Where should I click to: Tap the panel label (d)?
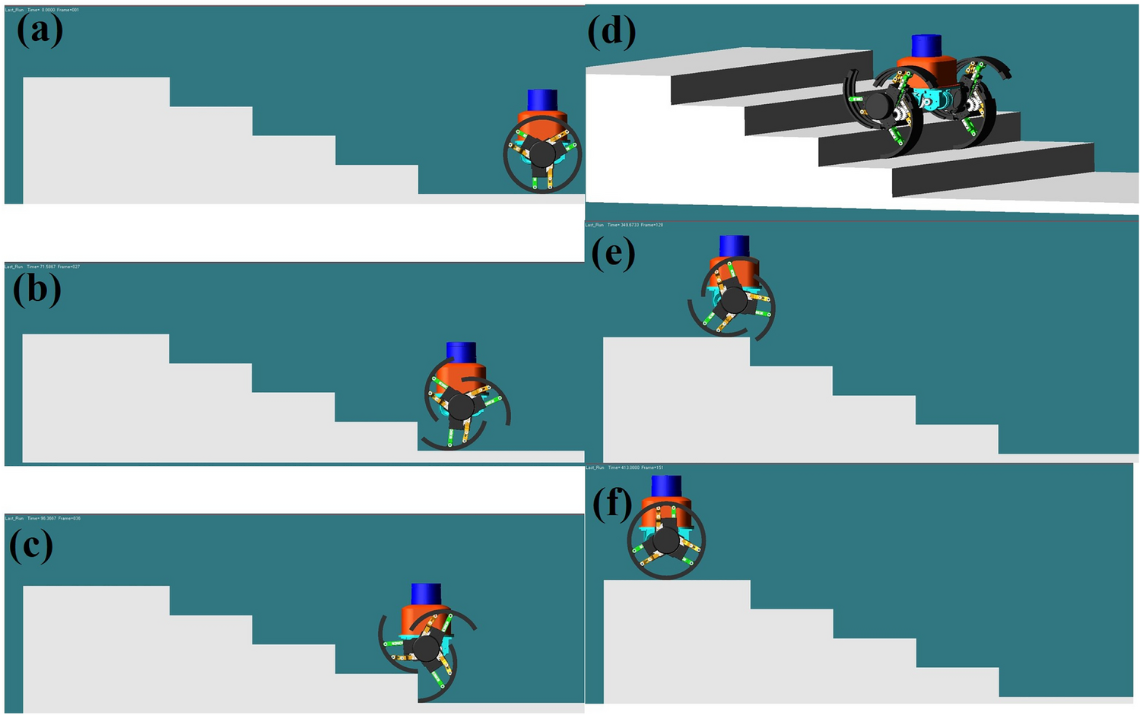pos(612,32)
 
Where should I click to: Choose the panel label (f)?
pos(612,504)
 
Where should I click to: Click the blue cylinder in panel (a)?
pos(542,100)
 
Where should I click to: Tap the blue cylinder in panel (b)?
pos(461,353)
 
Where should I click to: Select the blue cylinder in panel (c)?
pos(426,594)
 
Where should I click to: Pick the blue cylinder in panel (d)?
pos(927,46)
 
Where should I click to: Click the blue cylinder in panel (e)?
pos(734,246)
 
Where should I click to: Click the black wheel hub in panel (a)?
pos(542,154)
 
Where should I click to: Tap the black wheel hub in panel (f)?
pos(666,540)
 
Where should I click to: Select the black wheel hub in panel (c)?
pos(426,648)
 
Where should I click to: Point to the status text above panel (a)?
pos(42,10)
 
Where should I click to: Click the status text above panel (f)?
pos(624,467)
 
